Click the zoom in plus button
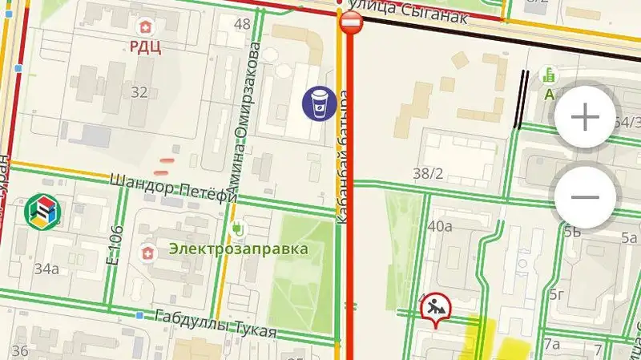click(585, 118)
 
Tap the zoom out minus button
click(586, 196)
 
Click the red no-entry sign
click(352, 22)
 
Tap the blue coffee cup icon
click(318, 103)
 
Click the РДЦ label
click(146, 47)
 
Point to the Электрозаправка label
click(238, 249)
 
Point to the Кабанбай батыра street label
click(342, 156)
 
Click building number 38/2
click(428, 172)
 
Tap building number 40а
click(440, 226)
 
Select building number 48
click(242, 23)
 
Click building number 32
click(139, 92)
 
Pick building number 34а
click(46, 269)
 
